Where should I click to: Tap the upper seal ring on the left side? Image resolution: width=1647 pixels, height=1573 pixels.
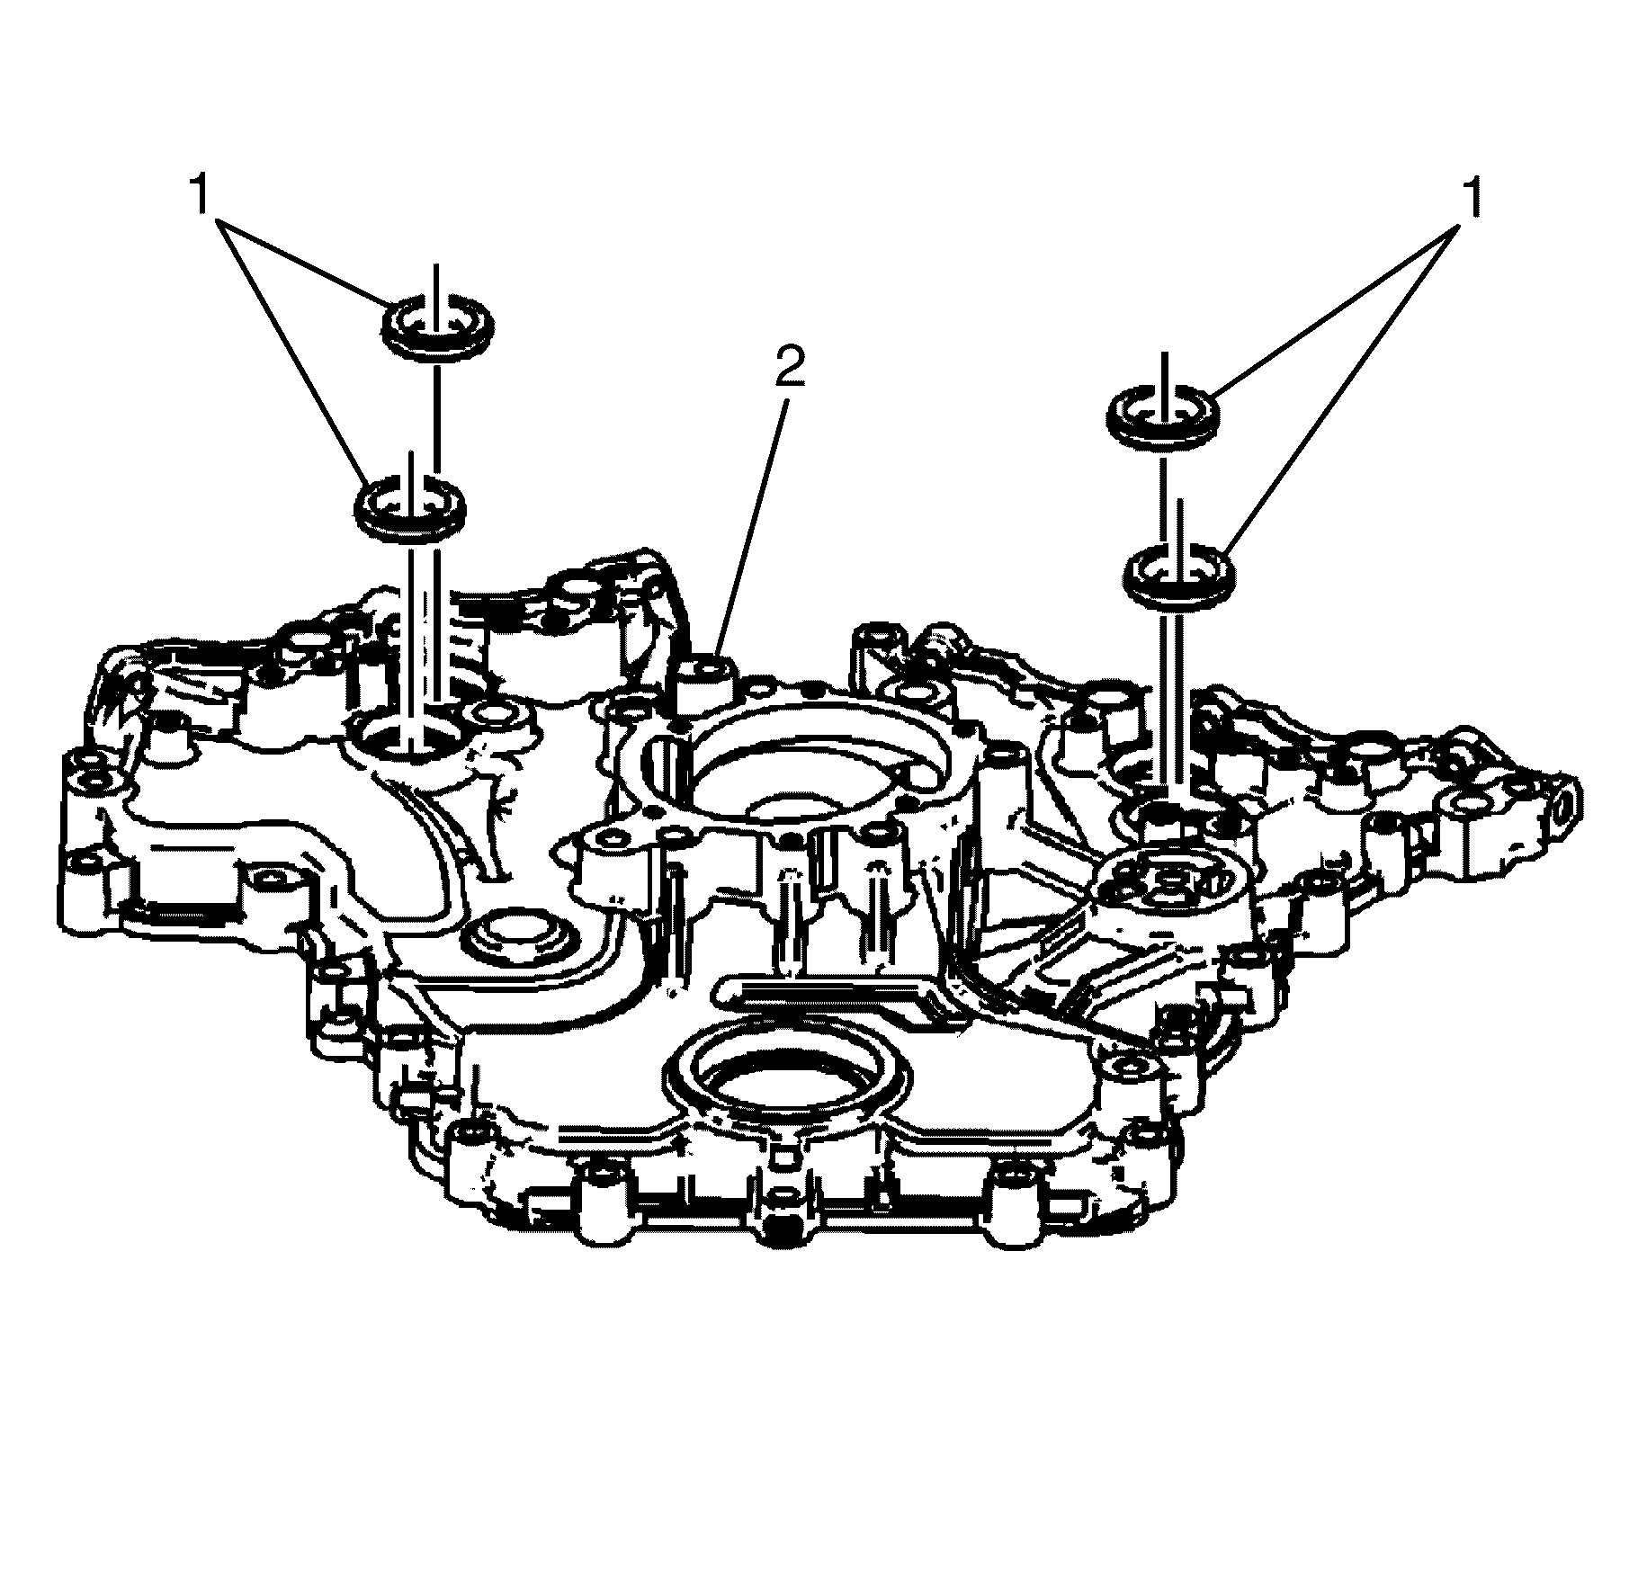tap(438, 329)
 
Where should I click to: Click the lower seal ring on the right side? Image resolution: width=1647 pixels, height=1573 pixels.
tap(1179, 575)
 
